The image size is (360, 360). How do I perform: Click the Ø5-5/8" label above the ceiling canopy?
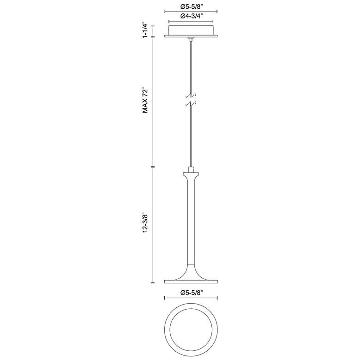pyautogui.click(x=191, y=6)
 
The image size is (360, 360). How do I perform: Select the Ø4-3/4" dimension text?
pyautogui.click(x=191, y=16)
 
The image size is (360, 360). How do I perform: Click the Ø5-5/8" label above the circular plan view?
pyautogui.click(x=191, y=293)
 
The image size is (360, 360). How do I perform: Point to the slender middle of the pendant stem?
pyautogui.click(x=191, y=222)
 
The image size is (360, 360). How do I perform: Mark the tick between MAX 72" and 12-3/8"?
pyautogui.click(x=153, y=166)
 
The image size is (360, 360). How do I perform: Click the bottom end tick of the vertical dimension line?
pyautogui.click(x=153, y=282)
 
